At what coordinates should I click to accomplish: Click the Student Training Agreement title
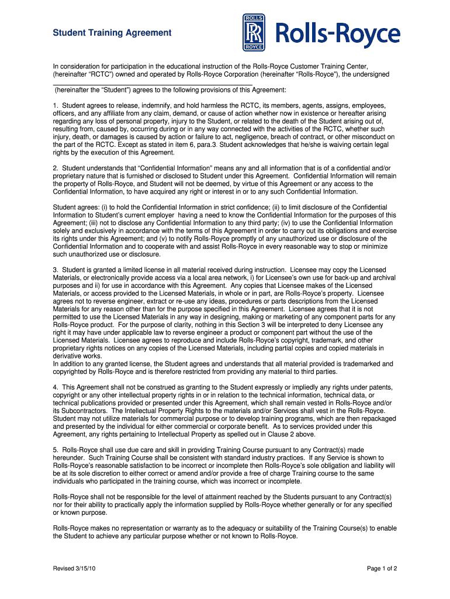[x=112, y=33]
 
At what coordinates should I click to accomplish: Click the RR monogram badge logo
[x=254, y=32]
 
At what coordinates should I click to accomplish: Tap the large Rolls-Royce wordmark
[x=338, y=35]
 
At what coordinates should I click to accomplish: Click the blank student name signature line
[x=153, y=84]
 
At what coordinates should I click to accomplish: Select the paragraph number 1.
[x=55, y=106]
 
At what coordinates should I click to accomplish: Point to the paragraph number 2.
[x=55, y=168]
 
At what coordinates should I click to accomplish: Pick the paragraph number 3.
[x=55, y=270]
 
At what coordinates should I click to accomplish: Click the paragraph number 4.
[x=55, y=387]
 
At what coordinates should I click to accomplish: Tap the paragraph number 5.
[x=55, y=450]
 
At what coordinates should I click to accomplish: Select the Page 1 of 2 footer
[x=382, y=568]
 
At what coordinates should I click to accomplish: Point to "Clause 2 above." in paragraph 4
[x=292, y=435]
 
